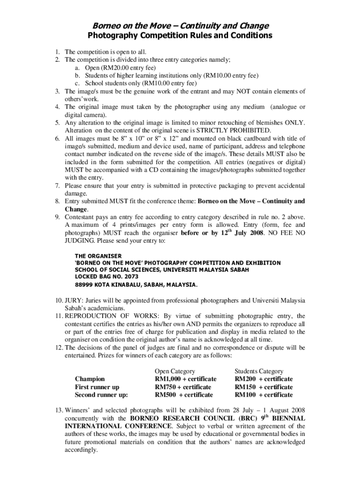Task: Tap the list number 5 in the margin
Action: click(57, 123)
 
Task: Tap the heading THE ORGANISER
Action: click(98, 256)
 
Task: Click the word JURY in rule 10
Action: click(73, 300)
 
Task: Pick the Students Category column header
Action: click(259, 371)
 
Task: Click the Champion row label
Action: click(89, 379)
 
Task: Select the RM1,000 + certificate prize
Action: click(185, 379)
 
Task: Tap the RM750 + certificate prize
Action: click(183, 387)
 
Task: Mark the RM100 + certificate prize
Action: click(264, 395)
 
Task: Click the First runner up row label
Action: click(97, 387)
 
